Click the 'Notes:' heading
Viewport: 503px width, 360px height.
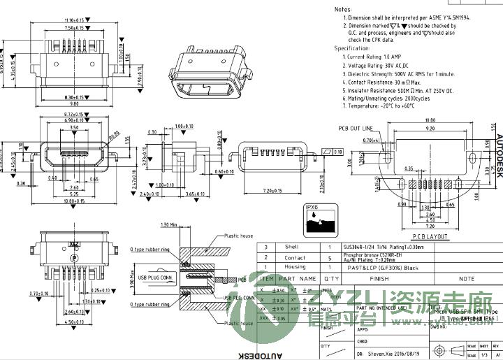tap(343, 9)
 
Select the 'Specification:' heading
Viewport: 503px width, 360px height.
tap(352, 48)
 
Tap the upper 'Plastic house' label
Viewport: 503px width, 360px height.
tap(238, 236)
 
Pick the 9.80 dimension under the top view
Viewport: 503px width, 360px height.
tap(73, 104)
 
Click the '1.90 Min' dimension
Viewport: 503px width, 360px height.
tap(169, 224)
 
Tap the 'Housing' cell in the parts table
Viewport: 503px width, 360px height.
tap(294, 267)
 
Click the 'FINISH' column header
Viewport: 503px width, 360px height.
tap(380, 278)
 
